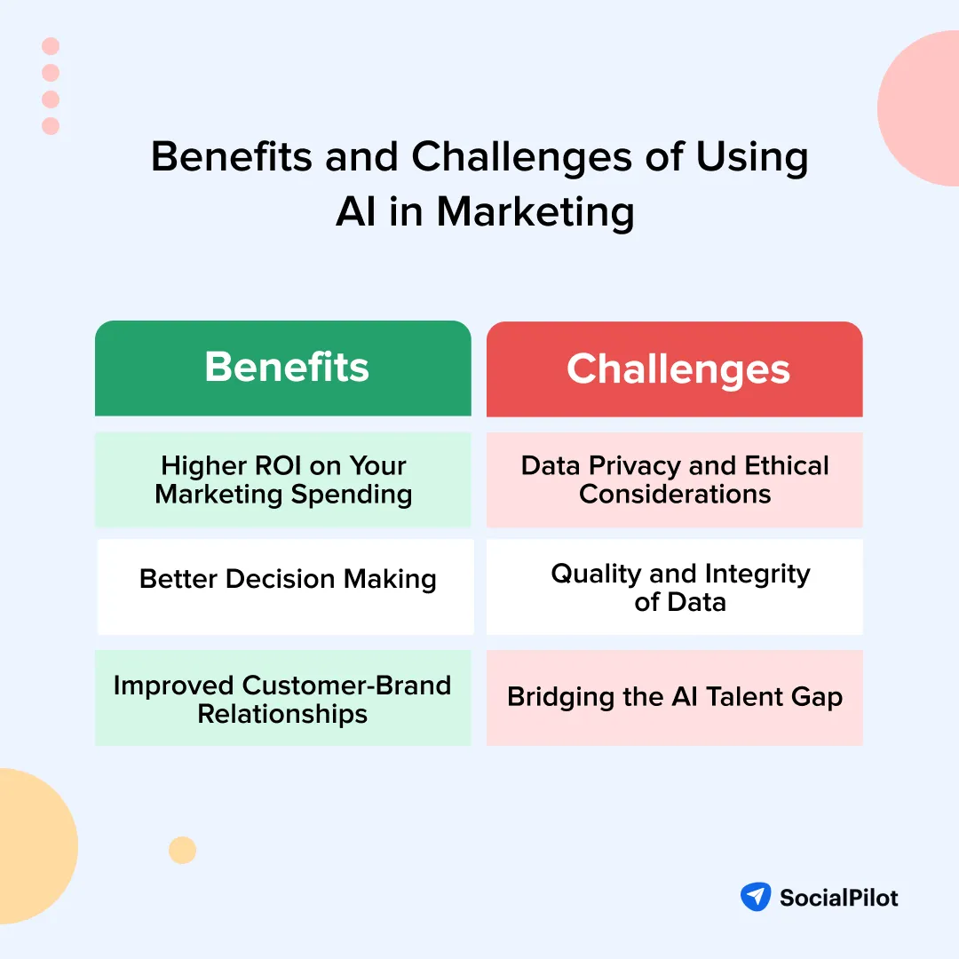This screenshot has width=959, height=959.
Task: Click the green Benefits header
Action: (x=283, y=368)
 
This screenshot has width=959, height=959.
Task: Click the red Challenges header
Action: (x=675, y=369)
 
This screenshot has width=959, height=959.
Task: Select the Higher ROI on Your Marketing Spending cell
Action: (x=283, y=479)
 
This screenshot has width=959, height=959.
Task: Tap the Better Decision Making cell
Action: (x=286, y=586)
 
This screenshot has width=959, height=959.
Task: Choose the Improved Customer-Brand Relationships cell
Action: (x=283, y=699)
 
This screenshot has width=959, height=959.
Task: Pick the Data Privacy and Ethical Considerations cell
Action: (x=675, y=479)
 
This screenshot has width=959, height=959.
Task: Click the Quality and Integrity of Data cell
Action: (x=675, y=587)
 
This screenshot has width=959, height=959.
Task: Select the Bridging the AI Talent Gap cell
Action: (x=675, y=698)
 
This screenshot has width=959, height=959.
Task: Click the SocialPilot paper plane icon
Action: (x=756, y=897)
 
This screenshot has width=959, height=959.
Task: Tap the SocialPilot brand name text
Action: (x=838, y=898)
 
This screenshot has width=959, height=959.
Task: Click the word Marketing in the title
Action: (x=535, y=212)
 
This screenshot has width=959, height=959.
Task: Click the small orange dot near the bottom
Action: (x=182, y=850)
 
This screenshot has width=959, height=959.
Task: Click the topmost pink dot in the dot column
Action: (x=51, y=46)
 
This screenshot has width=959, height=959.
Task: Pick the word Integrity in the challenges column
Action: (x=757, y=574)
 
